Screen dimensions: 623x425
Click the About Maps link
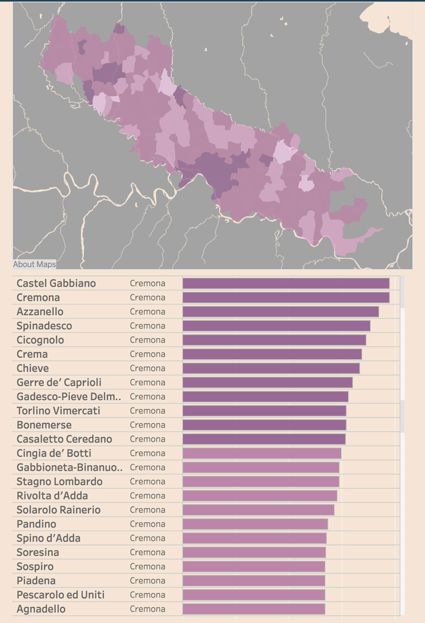pos(34,264)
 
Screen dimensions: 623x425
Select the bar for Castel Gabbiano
pos(285,283)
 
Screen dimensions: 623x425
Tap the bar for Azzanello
pos(280,312)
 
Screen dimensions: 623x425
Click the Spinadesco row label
pos(44,326)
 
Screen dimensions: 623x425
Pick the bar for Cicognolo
pos(274,340)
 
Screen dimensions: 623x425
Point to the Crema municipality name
pos(32,354)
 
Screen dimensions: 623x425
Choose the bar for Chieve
pos(271,368)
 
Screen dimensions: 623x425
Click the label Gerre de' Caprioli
pos(59,382)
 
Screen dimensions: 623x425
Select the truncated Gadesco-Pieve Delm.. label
pos(69,397)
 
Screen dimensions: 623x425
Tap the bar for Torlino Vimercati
pos(264,411)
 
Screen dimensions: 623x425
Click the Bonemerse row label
pos(44,425)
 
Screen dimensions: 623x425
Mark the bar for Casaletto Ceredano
pos(264,439)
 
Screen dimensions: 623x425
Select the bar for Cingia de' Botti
pos(262,453)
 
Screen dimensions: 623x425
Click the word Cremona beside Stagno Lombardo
pos(147,482)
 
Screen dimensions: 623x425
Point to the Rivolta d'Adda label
pos(52,496)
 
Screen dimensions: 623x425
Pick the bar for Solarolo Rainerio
pos(258,510)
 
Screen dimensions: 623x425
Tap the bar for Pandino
pos(255,524)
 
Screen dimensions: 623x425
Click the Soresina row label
pos(38,552)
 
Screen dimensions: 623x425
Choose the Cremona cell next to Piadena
pos(147,581)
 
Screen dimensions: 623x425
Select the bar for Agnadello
pos(253,609)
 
